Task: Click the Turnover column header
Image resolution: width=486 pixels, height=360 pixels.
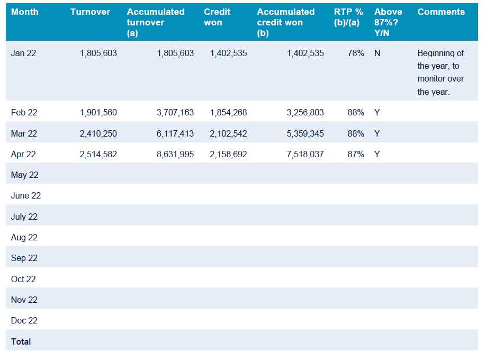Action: [90, 12]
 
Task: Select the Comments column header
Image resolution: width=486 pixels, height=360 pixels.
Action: [441, 12]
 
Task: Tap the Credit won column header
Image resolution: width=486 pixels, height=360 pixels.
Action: [217, 17]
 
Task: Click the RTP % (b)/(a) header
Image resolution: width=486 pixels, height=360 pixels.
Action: [348, 17]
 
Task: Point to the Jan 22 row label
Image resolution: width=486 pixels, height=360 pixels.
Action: [23, 53]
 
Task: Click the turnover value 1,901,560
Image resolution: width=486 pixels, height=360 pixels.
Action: [98, 112]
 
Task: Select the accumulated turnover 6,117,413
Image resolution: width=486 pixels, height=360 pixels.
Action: [175, 133]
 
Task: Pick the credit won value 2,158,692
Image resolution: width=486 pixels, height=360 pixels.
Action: [228, 154]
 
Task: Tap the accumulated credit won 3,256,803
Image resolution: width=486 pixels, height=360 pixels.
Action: [305, 112]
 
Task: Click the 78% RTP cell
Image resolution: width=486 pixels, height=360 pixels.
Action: [356, 53]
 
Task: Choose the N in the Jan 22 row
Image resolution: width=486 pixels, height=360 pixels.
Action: [377, 53]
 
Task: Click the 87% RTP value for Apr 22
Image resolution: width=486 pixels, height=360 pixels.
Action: [356, 154]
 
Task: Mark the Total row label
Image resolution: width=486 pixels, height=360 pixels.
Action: [21, 341]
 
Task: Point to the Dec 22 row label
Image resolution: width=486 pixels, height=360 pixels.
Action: [24, 320]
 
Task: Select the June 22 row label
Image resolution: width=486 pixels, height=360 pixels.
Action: [26, 195]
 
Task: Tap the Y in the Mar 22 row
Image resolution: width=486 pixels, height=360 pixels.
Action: [377, 133]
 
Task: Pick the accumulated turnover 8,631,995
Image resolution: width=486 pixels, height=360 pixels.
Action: [175, 154]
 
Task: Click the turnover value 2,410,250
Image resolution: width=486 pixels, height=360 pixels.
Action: [98, 133]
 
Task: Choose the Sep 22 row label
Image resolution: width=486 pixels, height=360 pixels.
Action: [24, 258]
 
